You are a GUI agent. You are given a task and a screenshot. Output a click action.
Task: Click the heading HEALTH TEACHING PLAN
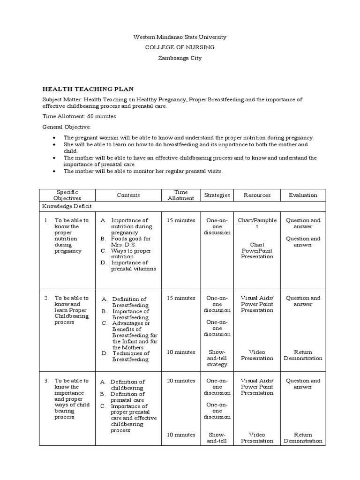click(x=88, y=89)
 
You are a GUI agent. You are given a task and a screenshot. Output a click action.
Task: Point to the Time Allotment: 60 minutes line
click(x=79, y=116)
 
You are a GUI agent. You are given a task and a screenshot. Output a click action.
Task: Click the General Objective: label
click(x=67, y=127)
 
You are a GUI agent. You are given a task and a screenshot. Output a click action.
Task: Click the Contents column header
click(x=128, y=195)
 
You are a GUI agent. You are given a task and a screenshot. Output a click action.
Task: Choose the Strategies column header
click(x=217, y=195)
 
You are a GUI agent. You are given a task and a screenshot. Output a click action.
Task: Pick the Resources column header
click(x=257, y=195)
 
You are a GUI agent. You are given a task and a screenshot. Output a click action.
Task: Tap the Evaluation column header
click(x=303, y=195)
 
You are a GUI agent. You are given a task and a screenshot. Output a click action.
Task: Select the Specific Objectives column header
click(x=67, y=195)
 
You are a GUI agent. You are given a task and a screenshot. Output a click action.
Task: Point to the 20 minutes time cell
click(x=181, y=381)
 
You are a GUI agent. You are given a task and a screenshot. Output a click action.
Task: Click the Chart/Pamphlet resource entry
click(x=257, y=223)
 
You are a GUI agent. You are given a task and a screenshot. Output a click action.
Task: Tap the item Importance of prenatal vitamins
click(x=133, y=266)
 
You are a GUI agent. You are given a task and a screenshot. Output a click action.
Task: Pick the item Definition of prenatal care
click(x=127, y=397)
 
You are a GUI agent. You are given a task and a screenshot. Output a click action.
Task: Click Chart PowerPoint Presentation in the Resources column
click(x=257, y=250)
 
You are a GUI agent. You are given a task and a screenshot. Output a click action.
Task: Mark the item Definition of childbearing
click(x=127, y=385)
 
